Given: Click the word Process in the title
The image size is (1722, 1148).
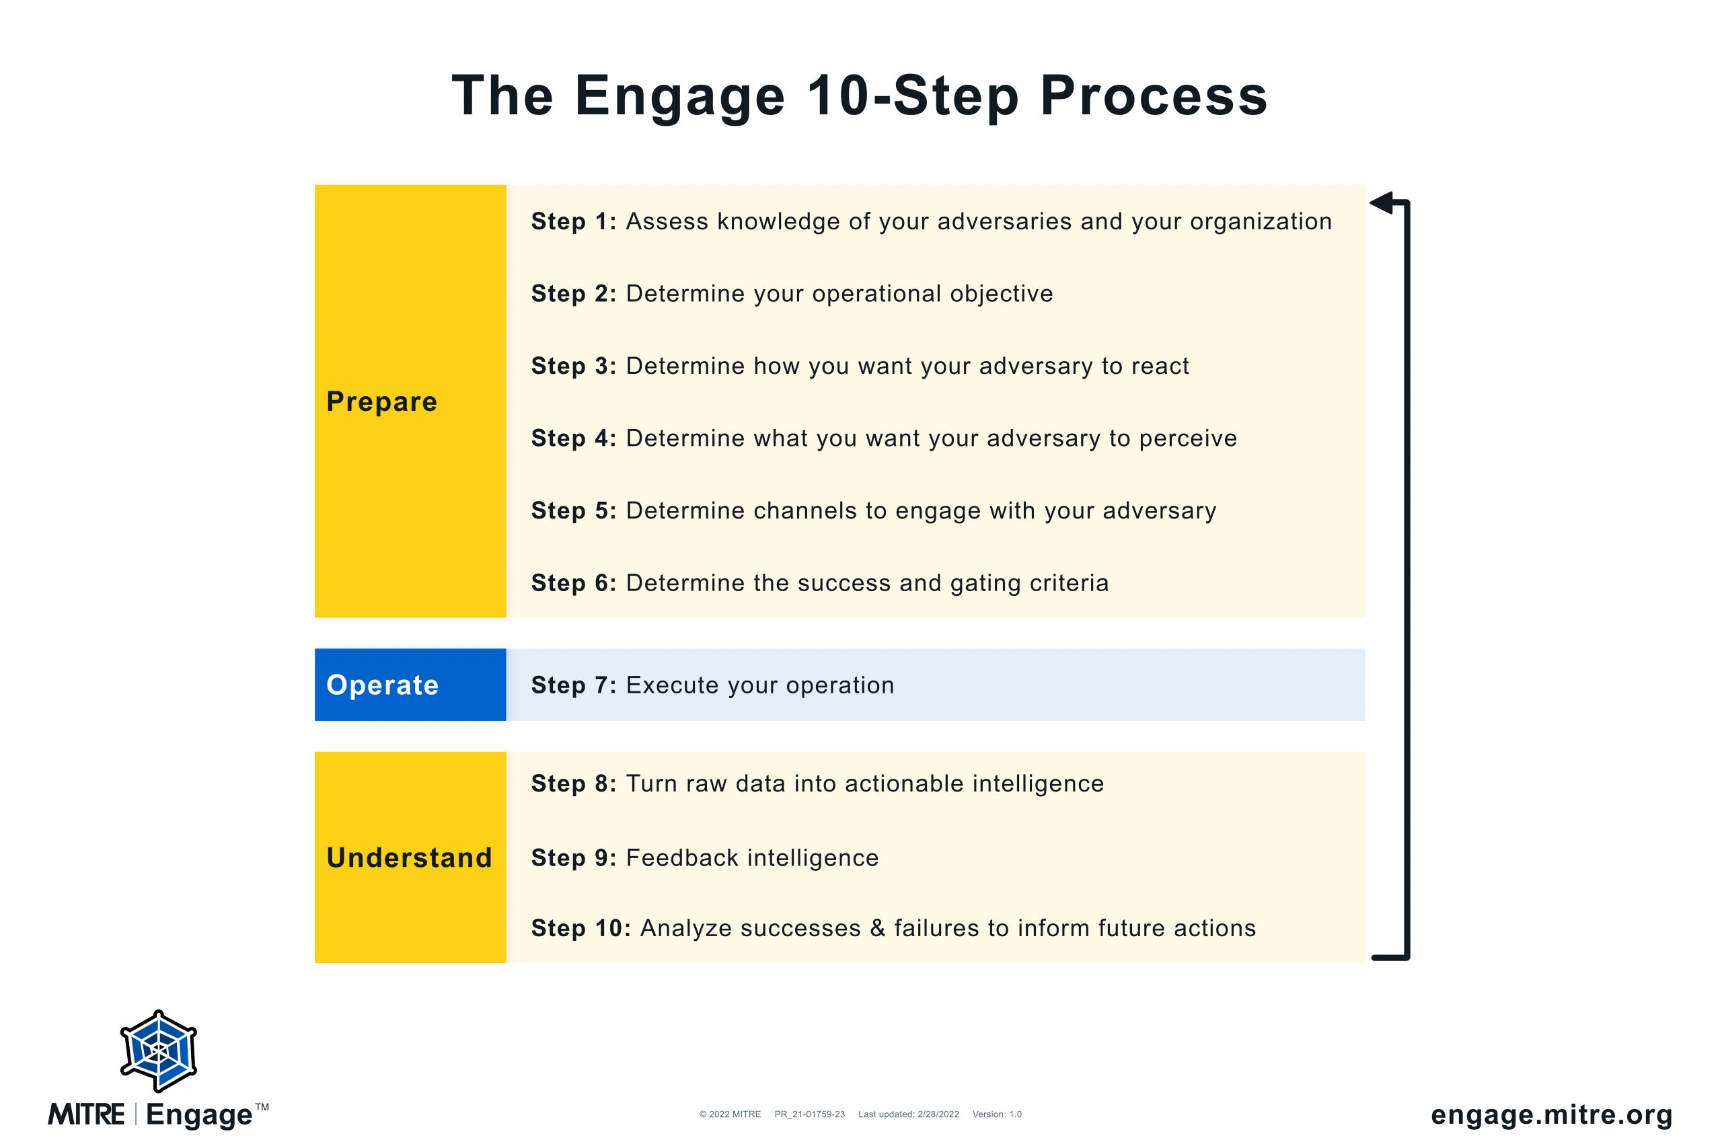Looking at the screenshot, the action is point(1153,97).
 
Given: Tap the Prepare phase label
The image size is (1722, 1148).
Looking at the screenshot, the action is point(381,402).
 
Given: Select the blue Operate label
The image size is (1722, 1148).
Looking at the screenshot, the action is point(382,685).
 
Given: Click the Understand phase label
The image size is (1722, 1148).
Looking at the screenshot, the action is point(409,857).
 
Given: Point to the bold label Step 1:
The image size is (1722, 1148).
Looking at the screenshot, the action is point(574,222).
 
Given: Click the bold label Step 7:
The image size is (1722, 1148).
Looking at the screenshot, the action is point(574,685).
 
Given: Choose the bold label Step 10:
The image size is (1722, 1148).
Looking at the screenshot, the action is point(581,928).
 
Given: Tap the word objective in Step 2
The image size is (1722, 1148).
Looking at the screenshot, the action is point(1002,294).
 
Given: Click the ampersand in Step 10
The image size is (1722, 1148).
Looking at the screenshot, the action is point(878,928).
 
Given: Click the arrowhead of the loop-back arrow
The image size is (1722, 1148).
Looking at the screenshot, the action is point(1381,203).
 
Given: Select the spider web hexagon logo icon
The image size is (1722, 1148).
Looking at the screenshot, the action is point(159,1051).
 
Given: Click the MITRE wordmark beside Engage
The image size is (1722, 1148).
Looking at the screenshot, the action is point(86,1114).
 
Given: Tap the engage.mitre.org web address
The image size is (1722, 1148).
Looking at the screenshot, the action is point(1551,1114).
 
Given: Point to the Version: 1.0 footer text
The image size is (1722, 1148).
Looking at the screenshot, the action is point(997,1114).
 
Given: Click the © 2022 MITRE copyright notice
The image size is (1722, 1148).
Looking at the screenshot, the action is point(730,1114).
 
